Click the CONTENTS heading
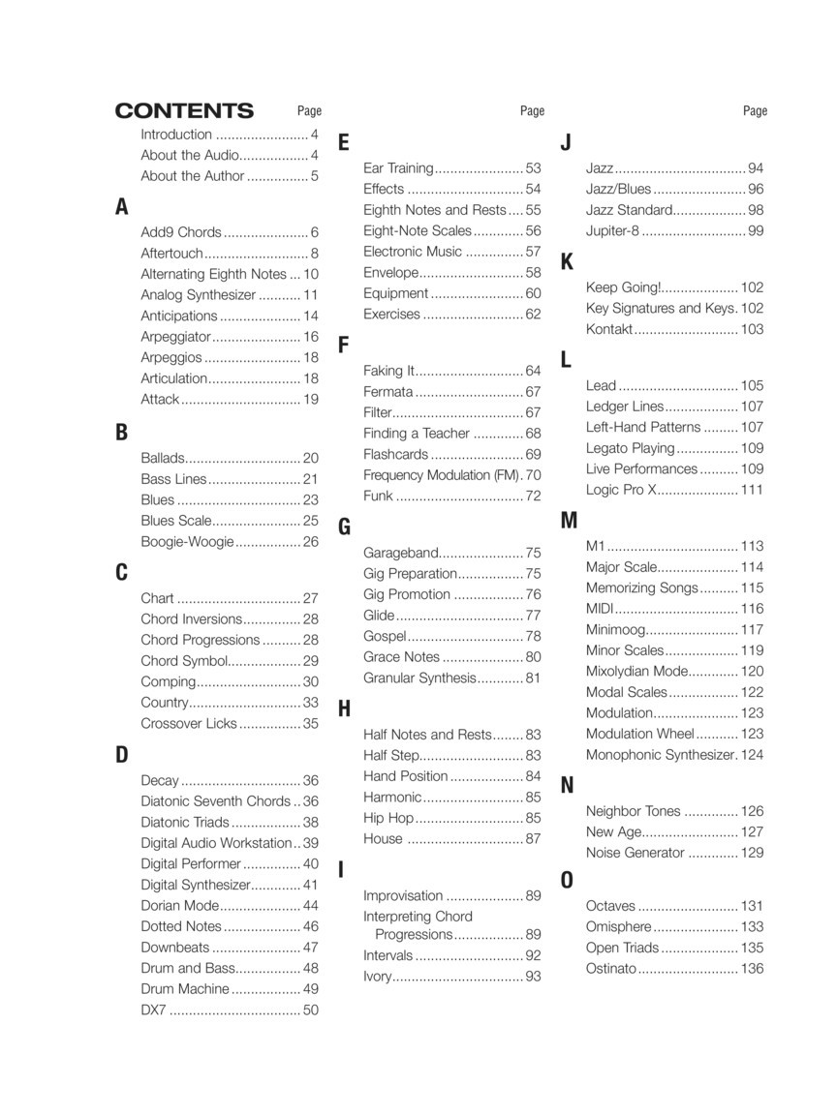click(x=184, y=111)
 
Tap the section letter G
click(x=344, y=527)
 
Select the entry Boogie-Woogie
click(x=187, y=542)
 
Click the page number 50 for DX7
click(x=311, y=1010)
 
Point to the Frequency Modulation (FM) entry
click(x=442, y=475)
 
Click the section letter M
click(x=569, y=521)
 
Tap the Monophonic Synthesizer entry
click(x=661, y=755)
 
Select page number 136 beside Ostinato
click(x=752, y=969)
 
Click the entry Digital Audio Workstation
click(x=216, y=843)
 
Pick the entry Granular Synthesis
click(x=419, y=678)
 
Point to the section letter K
click(x=567, y=262)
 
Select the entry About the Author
click(x=192, y=176)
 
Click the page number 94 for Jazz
click(x=756, y=168)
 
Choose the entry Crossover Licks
click(x=188, y=723)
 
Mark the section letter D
click(x=122, y=755)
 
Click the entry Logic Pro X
click(x=621, y=490)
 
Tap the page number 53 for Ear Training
click(x=533, y=168)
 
